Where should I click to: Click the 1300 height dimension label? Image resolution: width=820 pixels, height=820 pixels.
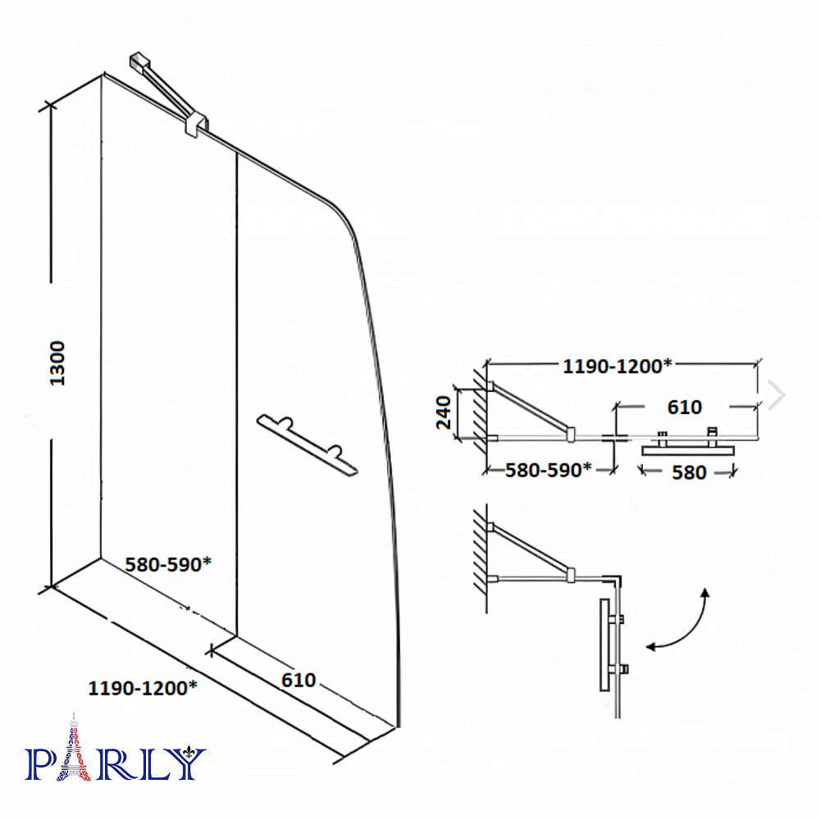57,363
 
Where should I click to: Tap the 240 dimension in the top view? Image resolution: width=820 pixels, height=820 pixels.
444,412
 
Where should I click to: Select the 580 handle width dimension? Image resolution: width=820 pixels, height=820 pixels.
689,473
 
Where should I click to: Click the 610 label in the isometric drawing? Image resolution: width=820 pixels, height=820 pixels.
298,680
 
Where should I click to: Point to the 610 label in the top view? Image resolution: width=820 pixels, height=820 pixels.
685,407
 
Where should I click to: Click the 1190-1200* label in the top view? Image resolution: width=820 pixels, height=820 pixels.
617,366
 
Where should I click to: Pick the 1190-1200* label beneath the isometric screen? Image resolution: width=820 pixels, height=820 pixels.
143,688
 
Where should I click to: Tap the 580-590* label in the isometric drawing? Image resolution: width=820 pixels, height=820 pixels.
168,564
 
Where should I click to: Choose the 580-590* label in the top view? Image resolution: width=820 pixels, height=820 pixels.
548,470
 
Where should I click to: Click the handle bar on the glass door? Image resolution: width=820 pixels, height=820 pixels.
307,445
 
